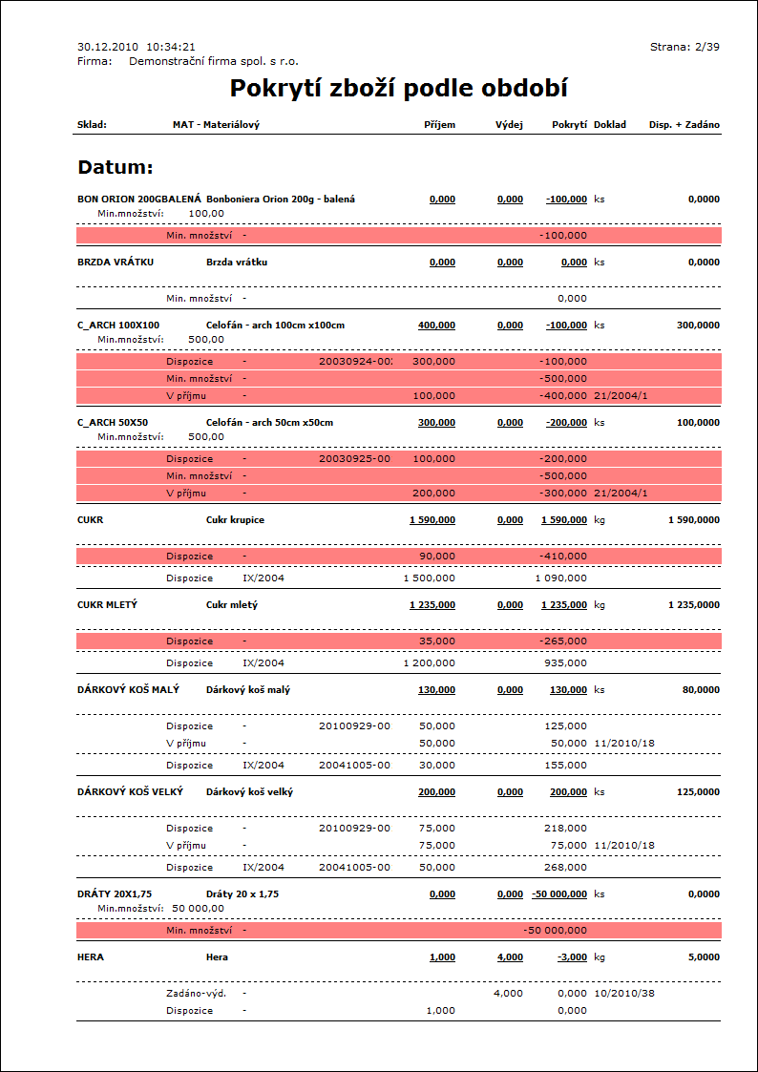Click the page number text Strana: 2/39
tap(684, 46)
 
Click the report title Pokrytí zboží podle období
tap(399, 89)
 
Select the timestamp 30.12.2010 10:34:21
tap(137, 46)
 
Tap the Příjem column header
tap(439, 125)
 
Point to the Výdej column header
tap(509, 125)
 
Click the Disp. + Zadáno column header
tap(684, 125)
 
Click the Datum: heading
tap(116, 168)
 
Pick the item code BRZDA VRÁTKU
tap(116, 262)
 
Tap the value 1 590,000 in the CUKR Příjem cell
tap(432, 520)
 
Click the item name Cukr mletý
tap(232, 605)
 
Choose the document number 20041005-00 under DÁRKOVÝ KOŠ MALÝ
tap(354, 766)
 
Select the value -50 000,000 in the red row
tap(556, 930)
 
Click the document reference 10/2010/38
tap(624, 994)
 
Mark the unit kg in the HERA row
tap(600, 956)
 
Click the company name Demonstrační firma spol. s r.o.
tap(214, 61)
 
